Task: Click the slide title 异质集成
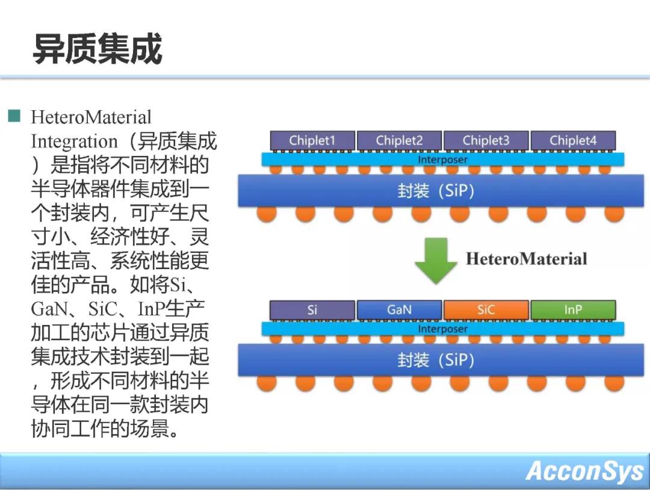(97, 49)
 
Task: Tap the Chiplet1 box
(312, 140)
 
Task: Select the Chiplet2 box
(399, 140)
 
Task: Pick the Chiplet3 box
(486, 140)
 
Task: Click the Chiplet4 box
(572, 140)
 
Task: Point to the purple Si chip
(312, 310)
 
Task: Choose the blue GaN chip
(399, 310)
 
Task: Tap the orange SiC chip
(486, 310)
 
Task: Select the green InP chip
(572, 310)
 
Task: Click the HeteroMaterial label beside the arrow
(526, 259)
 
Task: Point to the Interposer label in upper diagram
(442, 160)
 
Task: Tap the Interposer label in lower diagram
(442, 329)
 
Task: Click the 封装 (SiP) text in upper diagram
(436, 191)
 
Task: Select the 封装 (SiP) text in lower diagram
(436, 360)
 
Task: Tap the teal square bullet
(14, 116)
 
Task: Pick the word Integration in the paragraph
(74, 141)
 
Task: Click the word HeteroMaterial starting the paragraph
(91, 117)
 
